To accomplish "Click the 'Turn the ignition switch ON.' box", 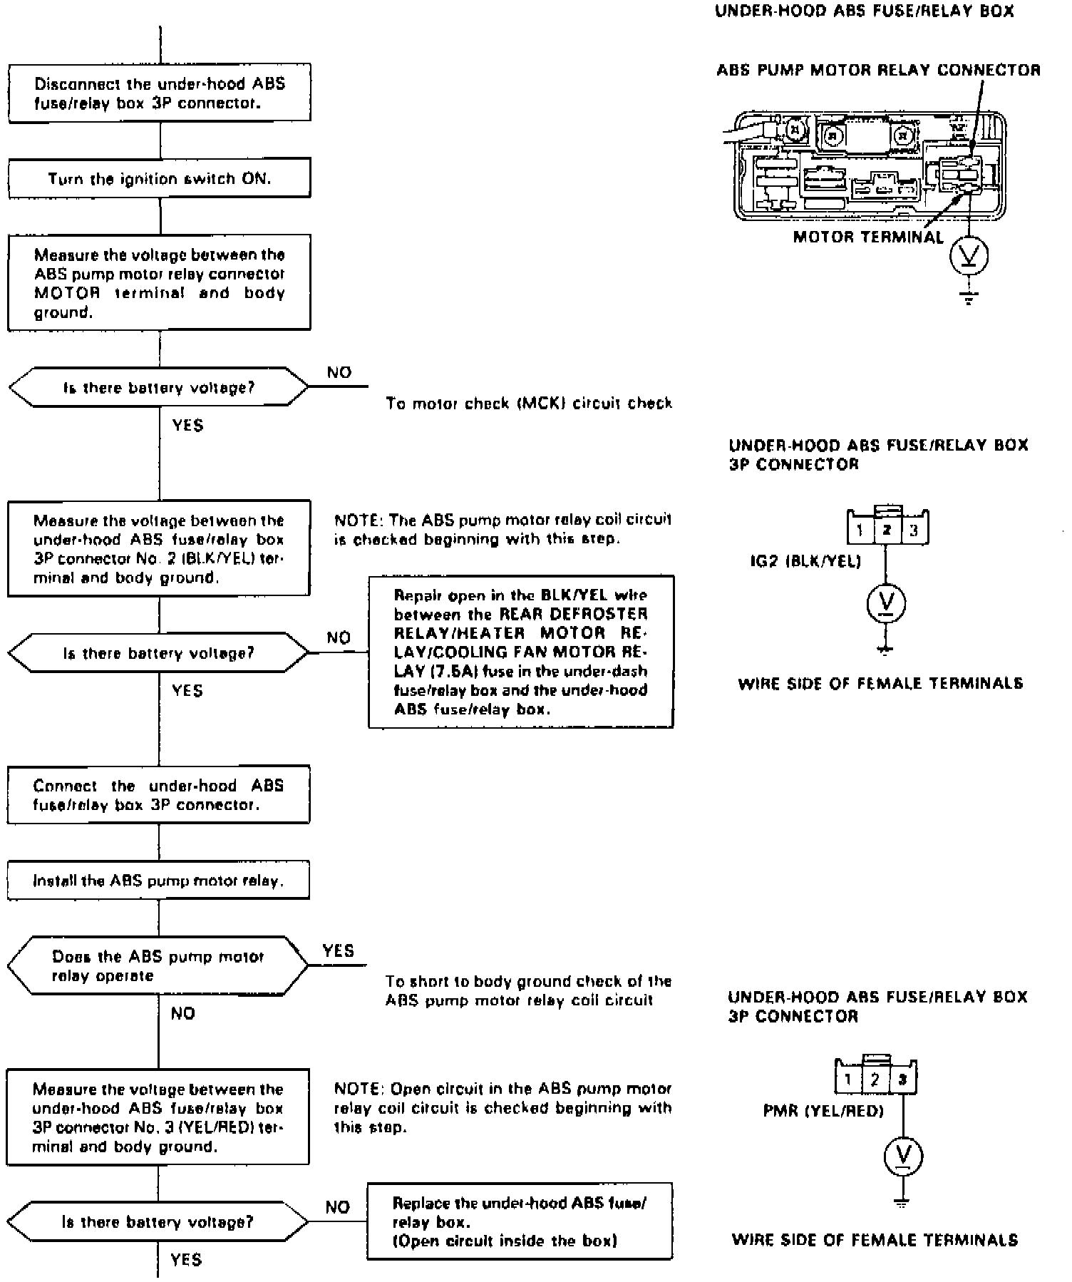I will point(159,178).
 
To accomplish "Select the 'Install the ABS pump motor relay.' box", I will point(158,881).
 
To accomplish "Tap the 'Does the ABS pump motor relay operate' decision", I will point(158,966).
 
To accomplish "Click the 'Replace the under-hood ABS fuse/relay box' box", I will point(520,1222).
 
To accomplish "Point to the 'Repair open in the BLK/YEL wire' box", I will point(520,652).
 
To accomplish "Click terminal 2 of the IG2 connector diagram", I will point(887,530).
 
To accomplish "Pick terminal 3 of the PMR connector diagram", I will point(902,1080).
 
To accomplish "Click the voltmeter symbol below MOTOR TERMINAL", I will point(969,255).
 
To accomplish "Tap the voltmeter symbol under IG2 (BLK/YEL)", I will point(886,604).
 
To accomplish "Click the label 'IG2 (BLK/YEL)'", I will point(805,562).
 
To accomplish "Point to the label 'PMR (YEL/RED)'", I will point(823,1111).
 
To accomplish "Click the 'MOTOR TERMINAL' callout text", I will point(867,237).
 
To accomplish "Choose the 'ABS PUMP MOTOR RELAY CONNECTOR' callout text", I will point(878,70).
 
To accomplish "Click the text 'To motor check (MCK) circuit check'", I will point(529,404).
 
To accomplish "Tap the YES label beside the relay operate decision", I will point(338,951).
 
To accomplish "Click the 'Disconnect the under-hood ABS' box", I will point(159,93).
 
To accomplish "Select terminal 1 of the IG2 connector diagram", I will point(860,530).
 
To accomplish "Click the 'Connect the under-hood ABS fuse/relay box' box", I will point(158,795).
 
